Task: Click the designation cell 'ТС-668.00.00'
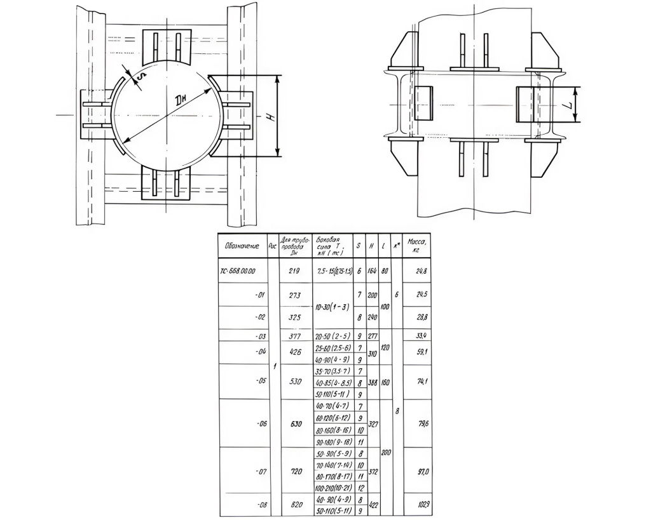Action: (x=238, y=271)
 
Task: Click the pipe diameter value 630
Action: (x=296, y=423)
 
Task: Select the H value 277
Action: (x=373, y=335)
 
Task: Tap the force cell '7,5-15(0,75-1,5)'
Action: (x=334, y=271)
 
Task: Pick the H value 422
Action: (x=373, y=505)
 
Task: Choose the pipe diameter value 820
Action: (x=296, y=505)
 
